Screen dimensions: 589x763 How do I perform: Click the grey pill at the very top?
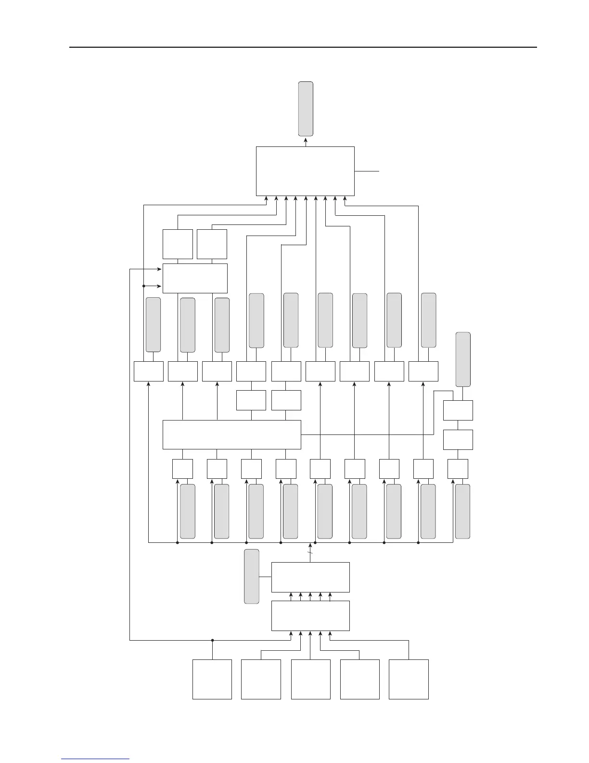click(x=306, y=108)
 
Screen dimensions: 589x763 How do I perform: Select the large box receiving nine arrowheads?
click(x=305, y=171)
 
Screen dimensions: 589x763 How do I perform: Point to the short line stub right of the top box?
click(x=367, y=171)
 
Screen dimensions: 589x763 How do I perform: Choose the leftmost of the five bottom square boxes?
click(x=212, y=679)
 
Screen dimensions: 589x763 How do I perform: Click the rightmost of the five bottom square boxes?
click(x=409, y=679)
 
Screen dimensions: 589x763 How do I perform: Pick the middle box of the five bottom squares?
click(x=310, y=679)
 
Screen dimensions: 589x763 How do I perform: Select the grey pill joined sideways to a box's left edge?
click(x=252, y=576)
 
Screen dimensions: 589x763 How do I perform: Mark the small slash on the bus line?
click(x=310, y=553)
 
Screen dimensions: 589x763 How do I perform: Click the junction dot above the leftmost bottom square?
click(x=212, y=640)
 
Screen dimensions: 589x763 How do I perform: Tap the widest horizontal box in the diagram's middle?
click(x=232, y=434)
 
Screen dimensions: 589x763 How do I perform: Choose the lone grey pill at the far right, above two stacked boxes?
click(x=463, y=359)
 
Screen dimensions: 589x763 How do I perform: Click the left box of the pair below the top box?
click(x=178, y=244)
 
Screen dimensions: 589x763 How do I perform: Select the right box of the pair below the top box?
click(x=212, y=244)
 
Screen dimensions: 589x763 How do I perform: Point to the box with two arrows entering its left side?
click(x=195, y=278)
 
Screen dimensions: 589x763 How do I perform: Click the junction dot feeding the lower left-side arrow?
click(x=144, y=286)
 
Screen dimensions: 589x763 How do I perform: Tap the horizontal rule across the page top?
click(x=303, y=47)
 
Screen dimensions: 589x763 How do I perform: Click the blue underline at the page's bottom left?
click(x=95, y=759)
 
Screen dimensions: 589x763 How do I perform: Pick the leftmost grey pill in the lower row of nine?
click(x=188, y=511)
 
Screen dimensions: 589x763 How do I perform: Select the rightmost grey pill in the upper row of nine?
click(x=429, y=320)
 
